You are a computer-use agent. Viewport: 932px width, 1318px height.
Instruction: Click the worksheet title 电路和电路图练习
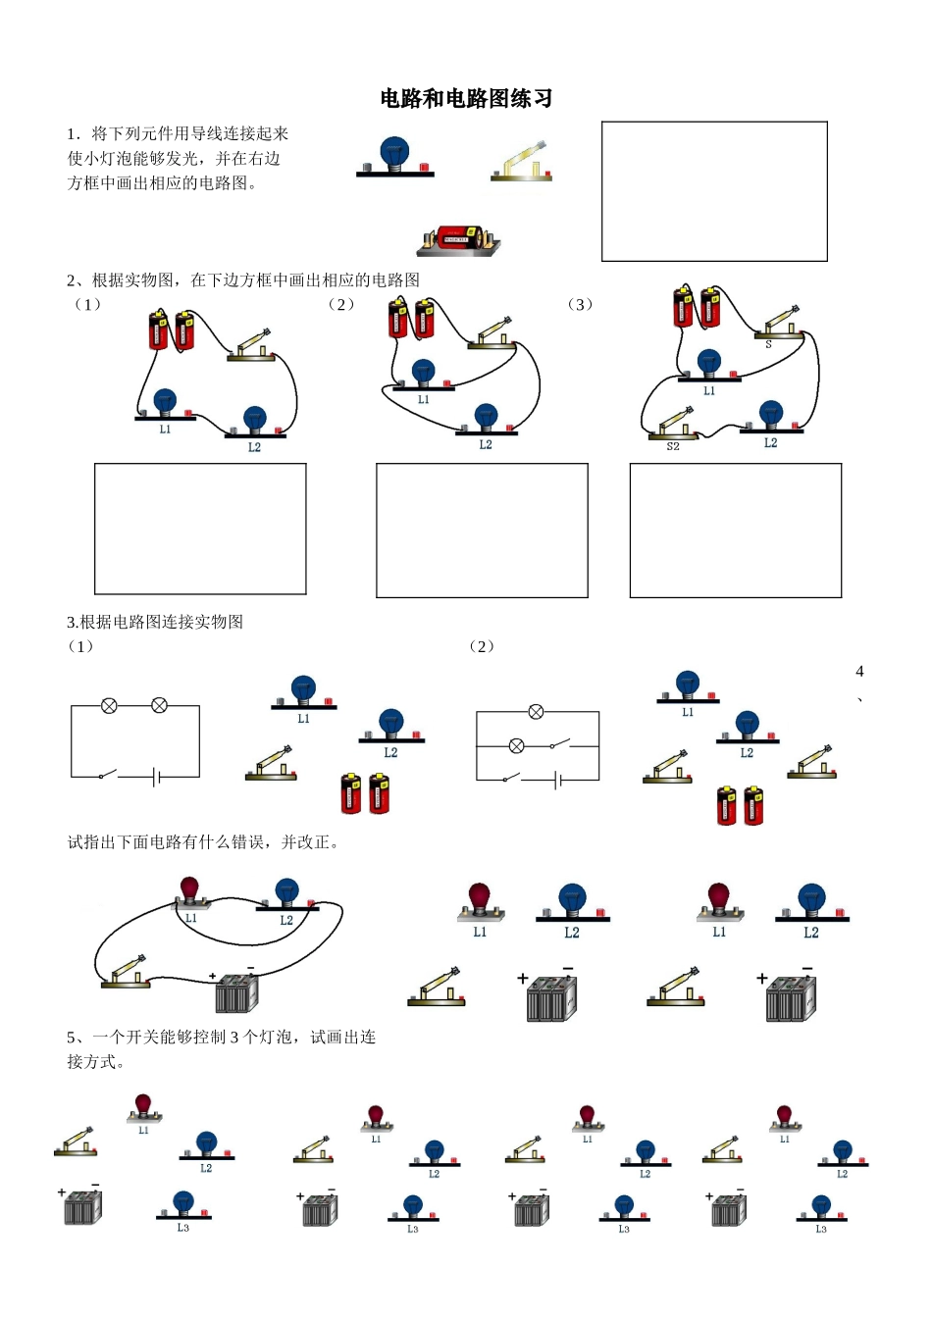pos(466,98)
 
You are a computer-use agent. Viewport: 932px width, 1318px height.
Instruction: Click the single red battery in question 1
pos(459,238)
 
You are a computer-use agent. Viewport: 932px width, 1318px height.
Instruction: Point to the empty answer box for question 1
pos(713,191)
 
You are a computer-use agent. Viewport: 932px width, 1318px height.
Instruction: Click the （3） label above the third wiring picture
pos(581,304)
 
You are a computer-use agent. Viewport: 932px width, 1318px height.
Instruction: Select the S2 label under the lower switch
pos(673,447)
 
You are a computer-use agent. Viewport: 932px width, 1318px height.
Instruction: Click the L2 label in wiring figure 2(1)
pos(254,447)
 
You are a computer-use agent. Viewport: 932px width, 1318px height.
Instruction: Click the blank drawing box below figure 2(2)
pos(482,530)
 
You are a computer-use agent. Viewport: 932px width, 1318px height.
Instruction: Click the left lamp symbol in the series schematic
pos(110,705)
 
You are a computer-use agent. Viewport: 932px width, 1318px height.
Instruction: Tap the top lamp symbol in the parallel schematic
pos(536,712)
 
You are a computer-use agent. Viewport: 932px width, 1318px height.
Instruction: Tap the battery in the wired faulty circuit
pos(235,992)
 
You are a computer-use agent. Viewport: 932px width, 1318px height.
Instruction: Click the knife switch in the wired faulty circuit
pos(129,971)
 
